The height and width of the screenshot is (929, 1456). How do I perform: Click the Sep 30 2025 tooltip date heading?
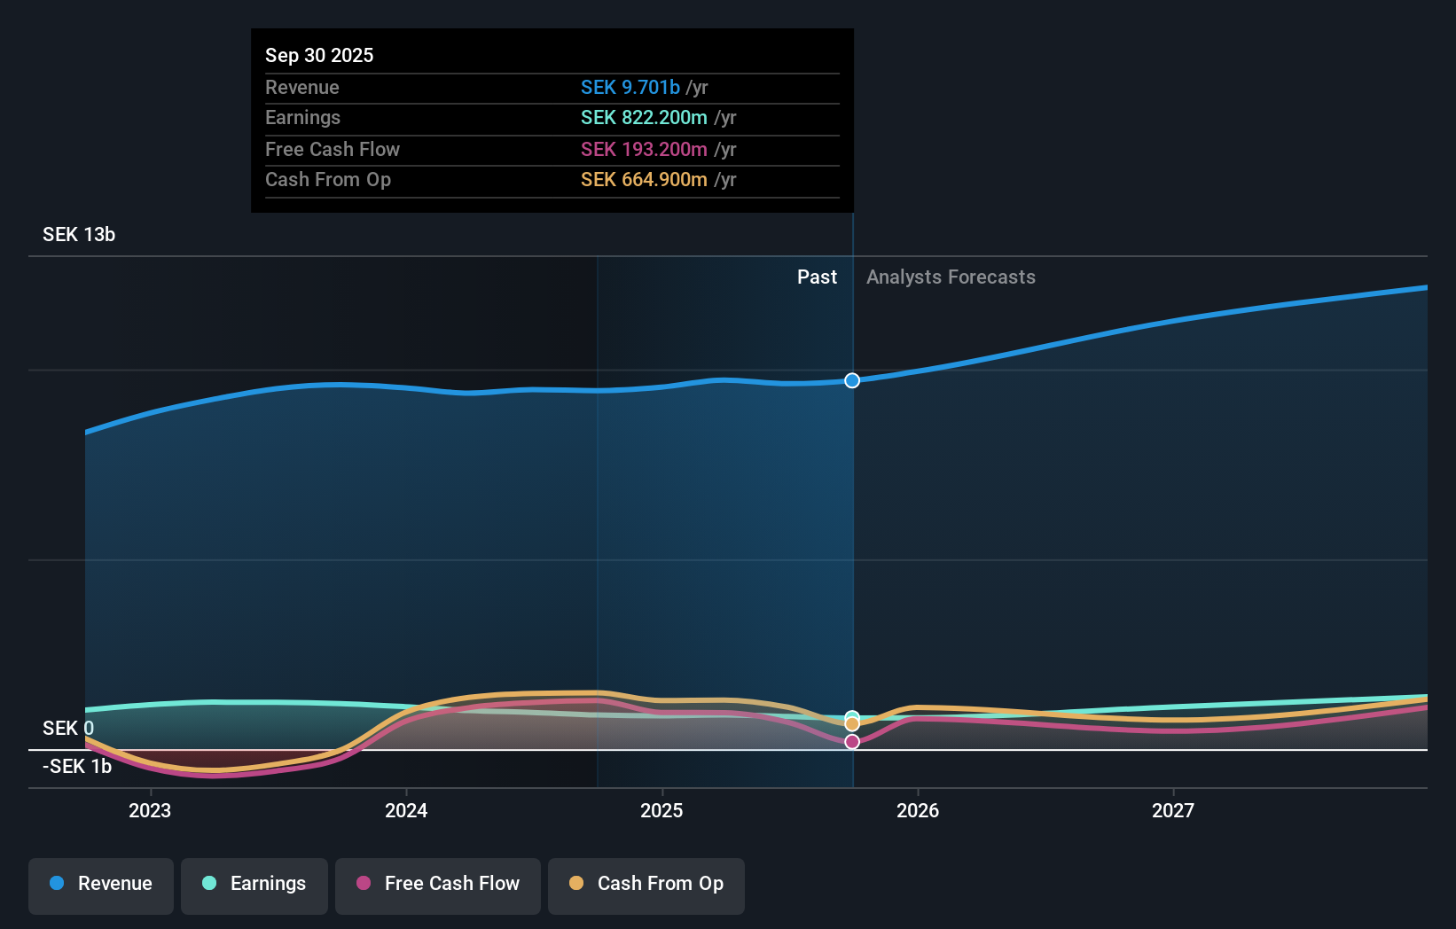pyautogui.click(x=319, y=55)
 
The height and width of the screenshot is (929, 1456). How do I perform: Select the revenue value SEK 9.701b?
pyautogui.click(x=630, y=87)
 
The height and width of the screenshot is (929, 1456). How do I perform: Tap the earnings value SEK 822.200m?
pyautogui.click(x=644, y=118)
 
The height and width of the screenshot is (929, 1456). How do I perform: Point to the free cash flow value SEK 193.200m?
pyautogui.click(x=644, y=149)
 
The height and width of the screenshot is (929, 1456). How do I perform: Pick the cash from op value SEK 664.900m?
pyautogui.click(x=644, y=180)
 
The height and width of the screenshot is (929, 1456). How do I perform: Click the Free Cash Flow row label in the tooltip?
pyautogui.click(x=333, y=149)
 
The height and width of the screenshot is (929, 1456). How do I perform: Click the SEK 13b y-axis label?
pyautogui.click(x=79, y=235)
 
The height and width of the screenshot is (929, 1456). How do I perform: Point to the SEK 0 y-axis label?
pyautogui.click(x=67, y=728)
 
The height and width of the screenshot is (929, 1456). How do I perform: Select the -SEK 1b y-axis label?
pyautogui.click(x=77, y=766)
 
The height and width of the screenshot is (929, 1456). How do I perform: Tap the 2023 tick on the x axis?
pyautogui.click(x=150, y=810)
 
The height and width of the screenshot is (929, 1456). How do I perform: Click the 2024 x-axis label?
pyautogui.click(x=406, y=810)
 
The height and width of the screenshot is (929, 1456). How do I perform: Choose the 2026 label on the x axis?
pyautogui.click(x=918, y=810)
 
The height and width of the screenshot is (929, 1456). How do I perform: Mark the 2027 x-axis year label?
pyautogui.click(x=1173, y=810)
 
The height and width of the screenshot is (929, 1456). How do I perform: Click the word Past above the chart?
pyautogui.click(x=817, y=277)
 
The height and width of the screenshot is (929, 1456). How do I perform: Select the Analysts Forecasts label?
pyautogui.click(x=951, y=277)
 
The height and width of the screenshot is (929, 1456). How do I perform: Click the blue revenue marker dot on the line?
pyautogui.click(x=852, y=380)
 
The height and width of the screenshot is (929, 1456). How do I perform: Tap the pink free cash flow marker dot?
pyautogui.click(x=852, y=742)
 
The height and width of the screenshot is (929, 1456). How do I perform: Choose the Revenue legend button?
pyautogui.click(x=101, y=884)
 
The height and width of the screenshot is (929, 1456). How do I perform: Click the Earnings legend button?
pyautogui.click(x=254, y=884)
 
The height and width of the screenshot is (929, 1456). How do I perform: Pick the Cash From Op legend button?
pyautogui.click(x=646, y=884)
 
